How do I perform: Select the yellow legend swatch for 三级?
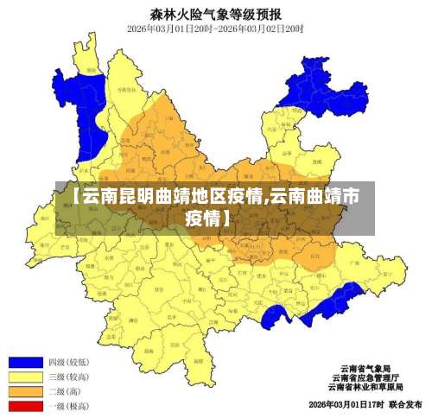pos(25,377)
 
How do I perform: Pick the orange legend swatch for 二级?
pos(25,391)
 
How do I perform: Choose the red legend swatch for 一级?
pos(25,405)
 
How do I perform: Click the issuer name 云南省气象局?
pos(365,368)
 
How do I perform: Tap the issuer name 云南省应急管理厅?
pos(365,377)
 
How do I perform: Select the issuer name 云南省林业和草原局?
pos(365,387)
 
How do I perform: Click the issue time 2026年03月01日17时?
pos(345,404)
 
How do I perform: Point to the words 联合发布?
pos(405,404)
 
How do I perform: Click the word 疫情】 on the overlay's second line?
pos(208,218)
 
